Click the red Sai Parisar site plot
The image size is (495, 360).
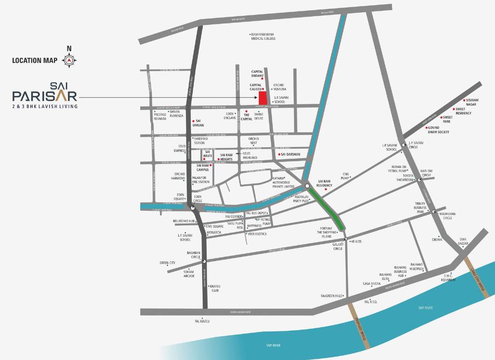coord(263,98)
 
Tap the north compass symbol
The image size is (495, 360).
coord(69,60)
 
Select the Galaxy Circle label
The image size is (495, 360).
coord(338,247)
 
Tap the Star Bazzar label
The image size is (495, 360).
coord(463,241)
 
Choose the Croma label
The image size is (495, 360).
coord(437,240)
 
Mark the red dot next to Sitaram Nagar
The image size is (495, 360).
coord(464,100)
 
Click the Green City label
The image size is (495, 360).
coord(167,263)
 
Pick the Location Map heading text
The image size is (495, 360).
coord(34,60)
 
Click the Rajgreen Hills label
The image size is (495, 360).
coord(330,296)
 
